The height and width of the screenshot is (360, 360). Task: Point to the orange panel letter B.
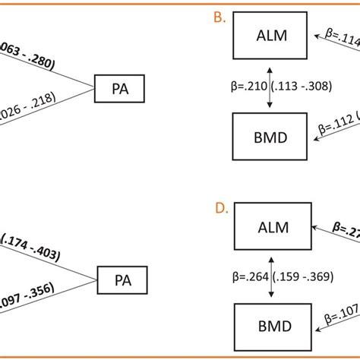[219, 16]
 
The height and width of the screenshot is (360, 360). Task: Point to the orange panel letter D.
[219, 206]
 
